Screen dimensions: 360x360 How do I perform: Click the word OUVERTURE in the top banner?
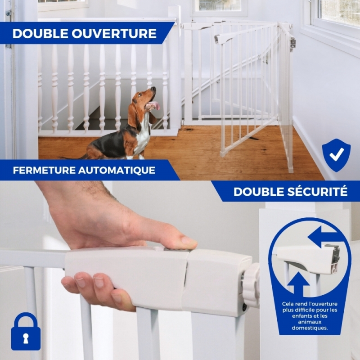coord(114,33)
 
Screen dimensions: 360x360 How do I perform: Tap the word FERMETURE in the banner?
coord(44,171)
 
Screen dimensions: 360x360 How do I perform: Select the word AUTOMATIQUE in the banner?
coord(117,171)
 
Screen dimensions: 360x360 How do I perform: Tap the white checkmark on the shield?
coord(337,154)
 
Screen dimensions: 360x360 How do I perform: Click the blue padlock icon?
coord(26,331)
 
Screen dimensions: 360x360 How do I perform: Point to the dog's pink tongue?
coord(157,105)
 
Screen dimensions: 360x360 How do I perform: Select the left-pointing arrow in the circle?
coord(323,237)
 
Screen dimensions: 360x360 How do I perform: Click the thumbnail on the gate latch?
coord(189,241)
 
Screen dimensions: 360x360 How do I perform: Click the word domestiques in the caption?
coord(310,328)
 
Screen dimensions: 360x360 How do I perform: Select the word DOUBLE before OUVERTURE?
coord(40,33)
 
